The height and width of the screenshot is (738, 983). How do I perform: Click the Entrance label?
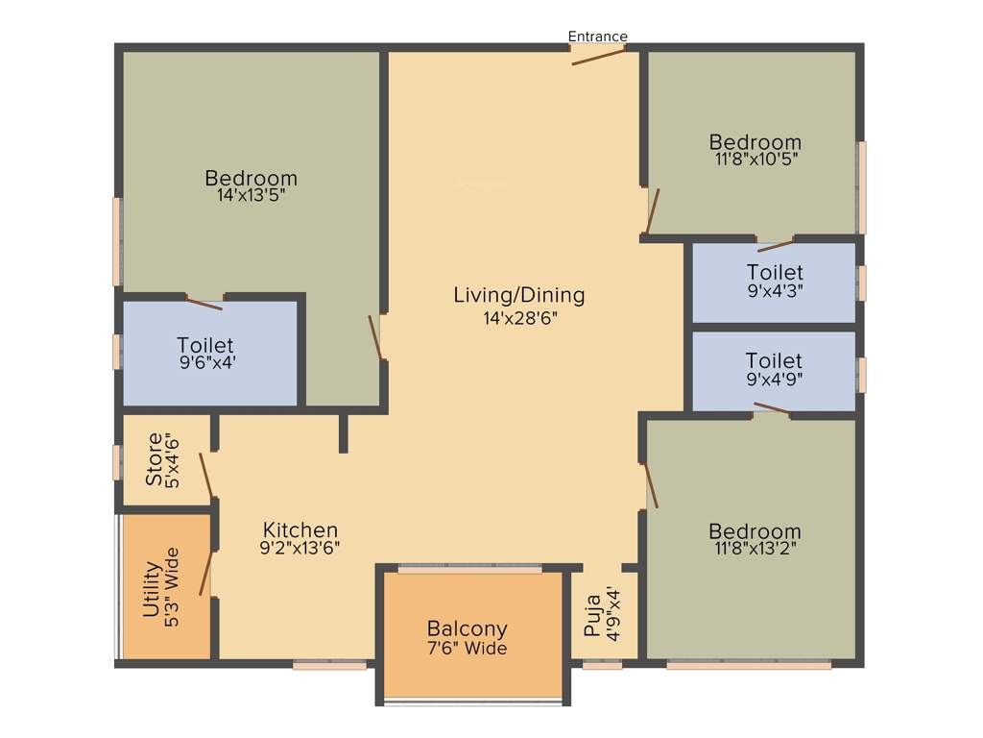coord(597,37)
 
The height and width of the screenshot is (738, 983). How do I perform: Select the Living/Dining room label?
coord(518,295)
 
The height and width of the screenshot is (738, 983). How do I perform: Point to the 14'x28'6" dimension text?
coord(520,318)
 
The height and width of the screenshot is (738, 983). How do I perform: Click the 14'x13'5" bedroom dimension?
coord(251,195)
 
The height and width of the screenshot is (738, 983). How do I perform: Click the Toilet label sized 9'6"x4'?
coord(205,344)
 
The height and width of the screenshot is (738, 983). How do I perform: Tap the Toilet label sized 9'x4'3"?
coord(775,272)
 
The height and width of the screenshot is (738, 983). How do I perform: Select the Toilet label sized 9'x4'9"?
coord(774,360)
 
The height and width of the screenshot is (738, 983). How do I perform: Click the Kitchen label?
coord(300,529)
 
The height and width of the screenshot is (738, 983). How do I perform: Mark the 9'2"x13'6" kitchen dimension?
coord(300,548)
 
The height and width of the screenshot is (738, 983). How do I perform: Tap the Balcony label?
coord(467,629)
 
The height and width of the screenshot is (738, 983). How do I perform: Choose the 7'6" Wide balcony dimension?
coord(467,649)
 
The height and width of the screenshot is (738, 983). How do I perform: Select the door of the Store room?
coord(205,475)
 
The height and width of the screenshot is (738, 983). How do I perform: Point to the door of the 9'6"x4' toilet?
coord(204,304)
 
